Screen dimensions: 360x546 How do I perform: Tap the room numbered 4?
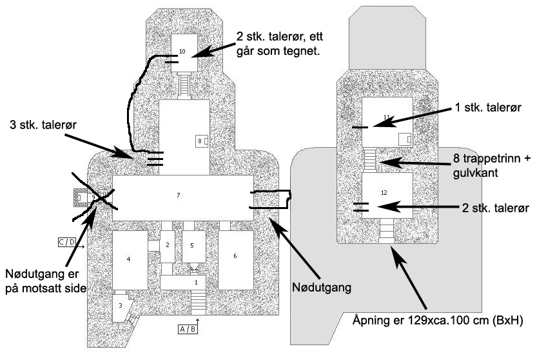[x=129, y=259]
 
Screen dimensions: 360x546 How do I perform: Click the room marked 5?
[x=193, y=246]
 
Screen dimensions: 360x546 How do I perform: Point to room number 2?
[x=166, y=246]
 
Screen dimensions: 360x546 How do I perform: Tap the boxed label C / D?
[x=67, y=242]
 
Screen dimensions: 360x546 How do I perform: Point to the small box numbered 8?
[x=201, y=140]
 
